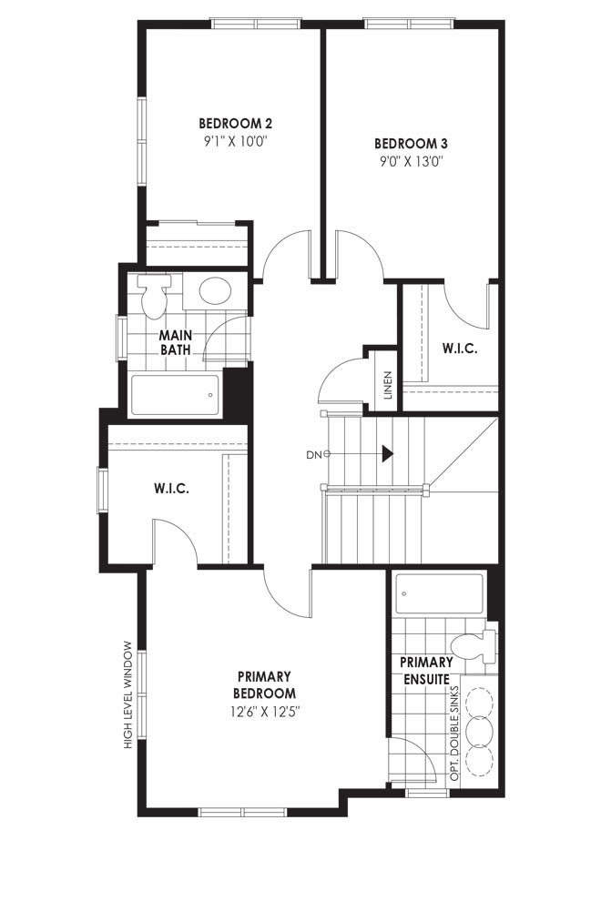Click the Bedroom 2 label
[235, 123]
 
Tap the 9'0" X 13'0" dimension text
[411, 161]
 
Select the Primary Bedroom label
[265, 684]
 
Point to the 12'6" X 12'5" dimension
[265, 712]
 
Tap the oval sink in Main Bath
[215, 290]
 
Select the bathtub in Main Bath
[176, 395]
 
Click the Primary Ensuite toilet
[474, 647]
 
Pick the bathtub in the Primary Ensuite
[439, 594]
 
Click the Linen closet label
[388, 385]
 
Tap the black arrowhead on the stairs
[388, 454]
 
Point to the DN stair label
[313, 455]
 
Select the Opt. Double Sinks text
[455, 734]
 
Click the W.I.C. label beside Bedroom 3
[460, 349]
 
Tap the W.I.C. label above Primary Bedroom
[171, 489]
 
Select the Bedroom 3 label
[411, 143]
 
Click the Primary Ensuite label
[426, 670]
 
